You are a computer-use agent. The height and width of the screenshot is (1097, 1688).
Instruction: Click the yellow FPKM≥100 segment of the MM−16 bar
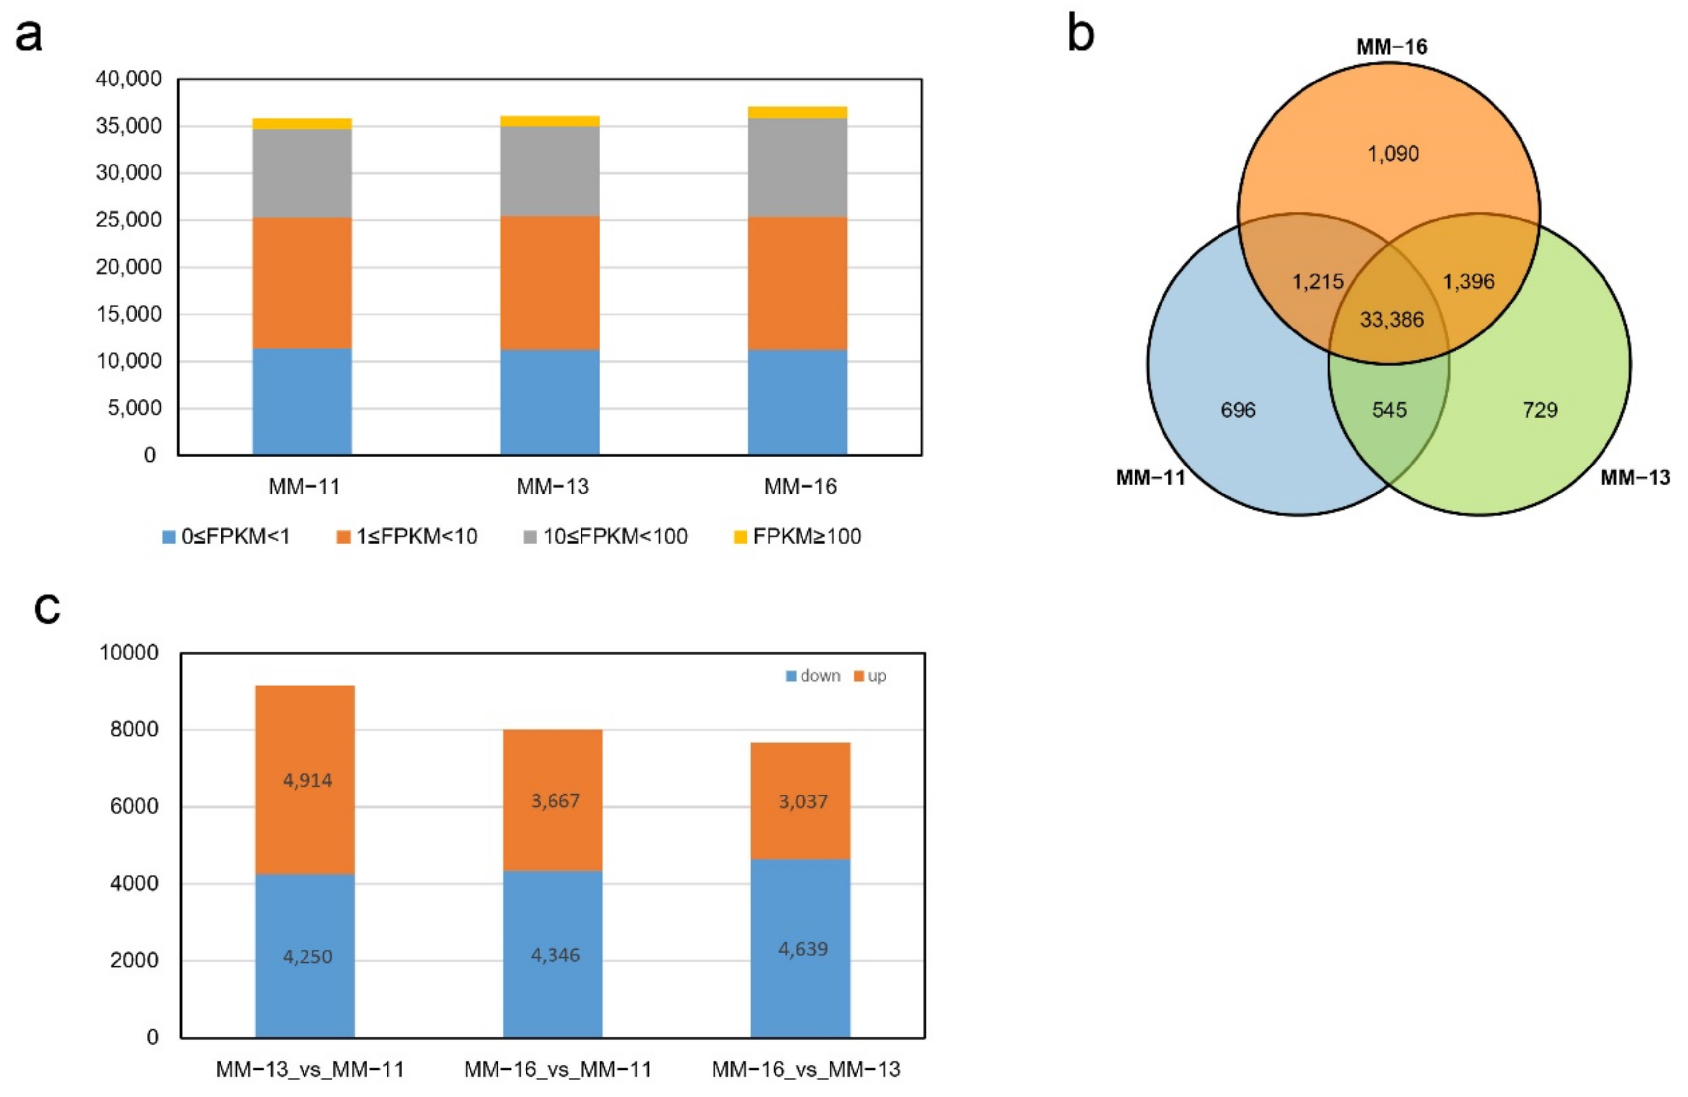click(797, 112)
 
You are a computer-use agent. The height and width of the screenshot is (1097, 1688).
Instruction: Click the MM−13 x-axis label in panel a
click(552, 487)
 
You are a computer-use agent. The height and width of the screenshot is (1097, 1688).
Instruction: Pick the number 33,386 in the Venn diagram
click(1391, 320)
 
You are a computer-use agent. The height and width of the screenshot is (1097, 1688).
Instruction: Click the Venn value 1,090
click(1393, 154)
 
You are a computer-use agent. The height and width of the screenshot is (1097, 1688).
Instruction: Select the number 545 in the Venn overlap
click(1389, 410)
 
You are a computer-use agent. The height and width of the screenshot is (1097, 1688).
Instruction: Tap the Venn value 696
click(1238, 410)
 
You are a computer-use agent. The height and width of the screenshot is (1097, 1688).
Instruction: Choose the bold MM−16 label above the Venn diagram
click(1391, 47)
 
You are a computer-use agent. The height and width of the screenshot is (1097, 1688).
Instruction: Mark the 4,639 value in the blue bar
click(803, 949)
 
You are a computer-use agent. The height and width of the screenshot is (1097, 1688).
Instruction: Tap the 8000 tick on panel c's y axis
click(134, 730)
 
